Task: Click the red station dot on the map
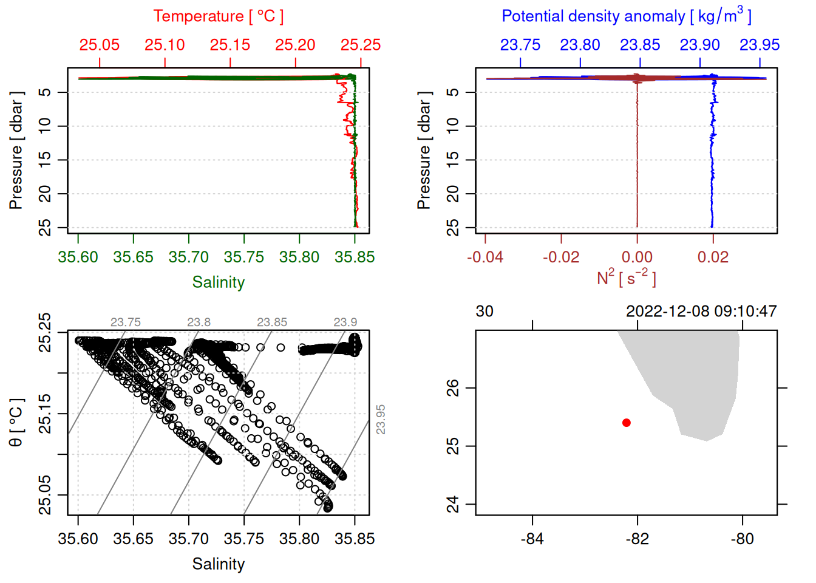[627, 423]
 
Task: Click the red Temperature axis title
[218, 16]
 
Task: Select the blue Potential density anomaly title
[626, 16]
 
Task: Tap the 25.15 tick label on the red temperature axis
[230, 45]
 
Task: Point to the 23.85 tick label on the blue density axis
[640, 45]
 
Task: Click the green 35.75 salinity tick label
[244, 257]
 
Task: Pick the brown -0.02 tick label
[561, 257]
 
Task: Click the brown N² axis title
[626, 278]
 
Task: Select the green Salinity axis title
[219, 282]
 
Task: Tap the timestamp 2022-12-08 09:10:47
[701, 312]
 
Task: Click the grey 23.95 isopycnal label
[381, 420]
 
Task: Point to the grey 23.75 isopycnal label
[126, 322]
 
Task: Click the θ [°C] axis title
[16, 423]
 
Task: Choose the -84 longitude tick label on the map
[532, 539]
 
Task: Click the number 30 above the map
[484, 312]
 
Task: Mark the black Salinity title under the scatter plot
[219, 564]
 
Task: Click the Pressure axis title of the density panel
[424, 151]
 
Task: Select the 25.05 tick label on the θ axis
[45, 495]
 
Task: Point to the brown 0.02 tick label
[713, 257]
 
